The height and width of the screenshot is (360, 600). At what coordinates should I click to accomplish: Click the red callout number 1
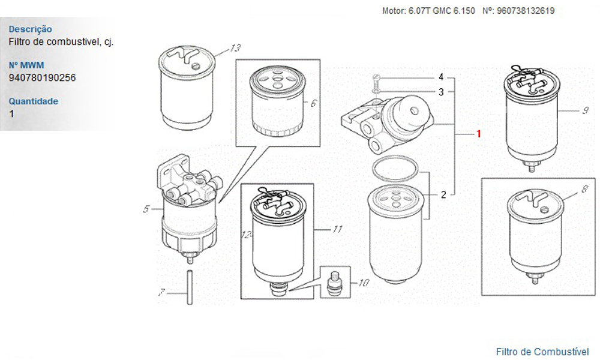[478, 134]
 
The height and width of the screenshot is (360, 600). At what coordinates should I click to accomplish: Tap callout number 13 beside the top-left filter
[235, 48]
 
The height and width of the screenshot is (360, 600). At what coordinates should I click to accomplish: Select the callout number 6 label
[313, 103]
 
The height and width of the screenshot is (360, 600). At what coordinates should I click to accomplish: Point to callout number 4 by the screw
[441, 77]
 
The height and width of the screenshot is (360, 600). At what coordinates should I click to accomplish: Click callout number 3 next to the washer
[441, 92]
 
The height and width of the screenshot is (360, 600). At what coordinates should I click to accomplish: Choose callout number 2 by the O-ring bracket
[443, 195]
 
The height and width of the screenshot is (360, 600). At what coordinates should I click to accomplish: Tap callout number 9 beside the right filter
[585, 110]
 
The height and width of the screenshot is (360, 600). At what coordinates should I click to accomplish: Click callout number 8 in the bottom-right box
[584, 189]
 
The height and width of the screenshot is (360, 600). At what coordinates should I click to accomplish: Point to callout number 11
[337, 229]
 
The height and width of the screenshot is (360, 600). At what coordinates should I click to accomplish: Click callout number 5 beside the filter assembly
[146, 209]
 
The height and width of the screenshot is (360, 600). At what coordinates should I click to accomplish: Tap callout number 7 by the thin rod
[161, 293]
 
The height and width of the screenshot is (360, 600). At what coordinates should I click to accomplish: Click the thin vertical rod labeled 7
[190, 287]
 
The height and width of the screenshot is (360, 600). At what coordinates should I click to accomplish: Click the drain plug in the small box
[334, 283]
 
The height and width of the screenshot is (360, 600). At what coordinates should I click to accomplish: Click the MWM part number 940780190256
[42, 77]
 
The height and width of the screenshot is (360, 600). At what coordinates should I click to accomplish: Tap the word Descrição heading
[30, 29]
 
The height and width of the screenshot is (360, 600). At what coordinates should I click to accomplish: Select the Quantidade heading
[33, 101]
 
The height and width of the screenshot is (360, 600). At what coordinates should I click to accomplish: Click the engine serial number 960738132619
[526, 11]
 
